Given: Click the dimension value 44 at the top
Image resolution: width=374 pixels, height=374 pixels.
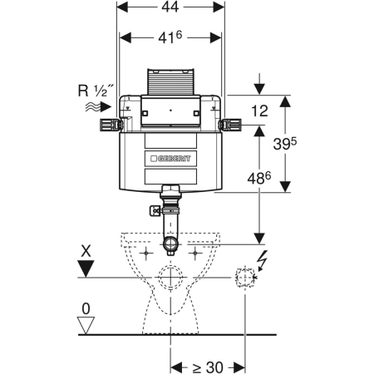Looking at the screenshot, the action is tap(170, 7).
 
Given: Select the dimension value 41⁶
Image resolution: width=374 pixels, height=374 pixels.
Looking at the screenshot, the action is tap(170, 37).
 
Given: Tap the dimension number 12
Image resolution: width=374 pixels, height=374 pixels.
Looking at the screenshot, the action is tap(259, 111).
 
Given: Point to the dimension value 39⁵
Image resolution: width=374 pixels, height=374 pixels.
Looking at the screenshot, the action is tap(285, 144).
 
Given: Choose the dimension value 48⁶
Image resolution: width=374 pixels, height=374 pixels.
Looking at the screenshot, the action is tap(259, 178).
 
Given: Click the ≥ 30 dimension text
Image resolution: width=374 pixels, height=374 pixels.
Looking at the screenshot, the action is tap(208, 367).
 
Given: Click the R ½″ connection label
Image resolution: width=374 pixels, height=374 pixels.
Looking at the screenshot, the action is tap(96, 91).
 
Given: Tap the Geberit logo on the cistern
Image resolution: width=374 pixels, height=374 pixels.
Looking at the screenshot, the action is tap(170, 159).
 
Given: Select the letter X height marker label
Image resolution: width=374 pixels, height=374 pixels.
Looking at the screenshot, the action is tap(86, 252).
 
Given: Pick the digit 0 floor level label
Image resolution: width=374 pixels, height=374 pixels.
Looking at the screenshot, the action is tap(86, 308).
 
